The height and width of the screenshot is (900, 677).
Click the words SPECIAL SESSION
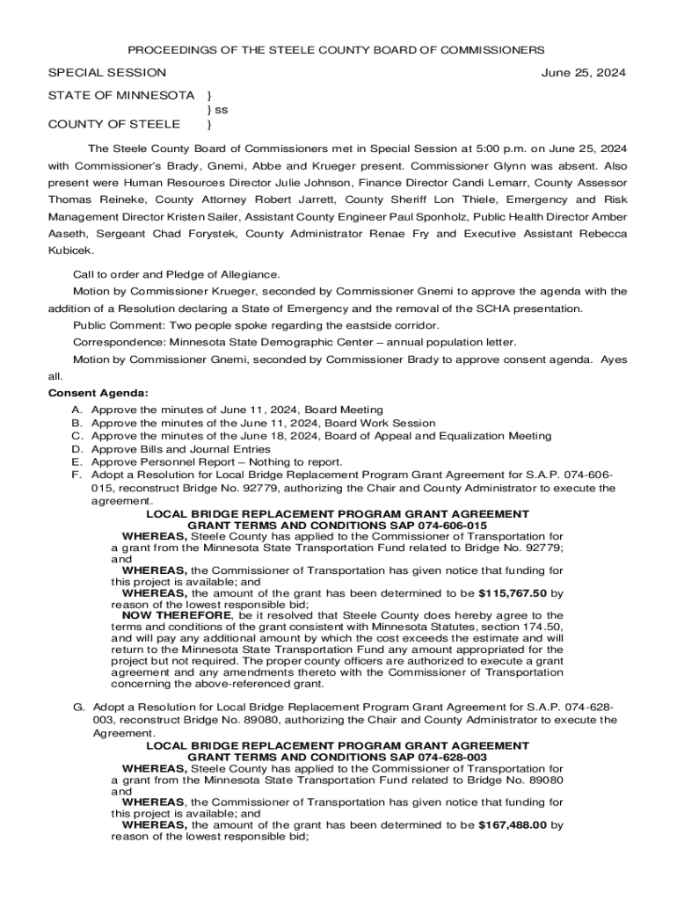point(106,73)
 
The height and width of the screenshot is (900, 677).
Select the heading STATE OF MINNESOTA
point(121,95)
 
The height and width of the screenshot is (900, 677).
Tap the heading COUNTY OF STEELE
point(114,124)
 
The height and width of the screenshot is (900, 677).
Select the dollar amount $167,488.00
point(513,825)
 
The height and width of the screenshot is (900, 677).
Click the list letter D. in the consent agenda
point(76,448)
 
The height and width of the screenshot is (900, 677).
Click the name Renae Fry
point(400,234)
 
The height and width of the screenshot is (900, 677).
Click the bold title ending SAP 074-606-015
point(338,525)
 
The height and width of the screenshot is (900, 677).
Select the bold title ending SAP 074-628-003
point(338,758)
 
